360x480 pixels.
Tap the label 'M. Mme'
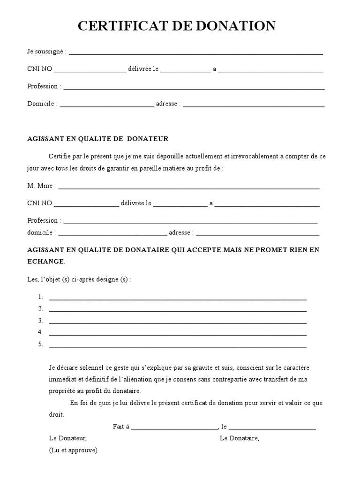(40, 186)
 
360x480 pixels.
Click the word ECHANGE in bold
(46, 261)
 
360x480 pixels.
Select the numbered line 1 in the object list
(178, 299)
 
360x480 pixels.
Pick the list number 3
(41, 321)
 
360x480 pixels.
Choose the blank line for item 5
(178, 346)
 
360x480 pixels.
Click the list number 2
(41, 308)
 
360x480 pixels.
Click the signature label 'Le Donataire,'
(239, 438)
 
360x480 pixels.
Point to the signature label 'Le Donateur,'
(67, 438)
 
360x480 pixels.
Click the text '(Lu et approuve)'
(73, 450)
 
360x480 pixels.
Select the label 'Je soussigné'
(46, 52)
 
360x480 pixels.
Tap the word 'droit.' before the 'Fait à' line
(56, 415)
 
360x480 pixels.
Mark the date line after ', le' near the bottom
(272, 428)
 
